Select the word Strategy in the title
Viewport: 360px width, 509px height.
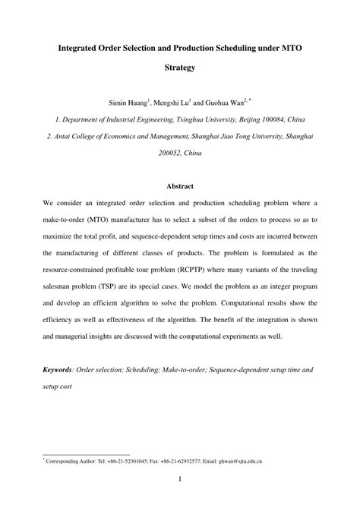point(180,68)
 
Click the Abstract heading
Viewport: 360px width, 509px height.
point(180,185)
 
